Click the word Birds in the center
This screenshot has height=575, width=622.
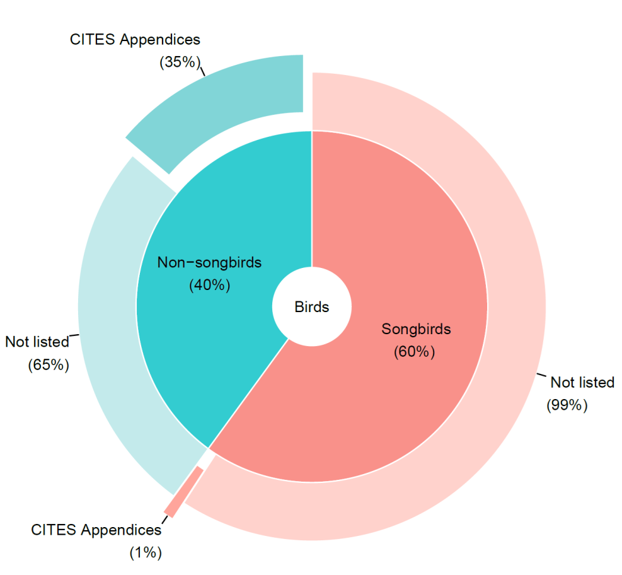click(311, 307)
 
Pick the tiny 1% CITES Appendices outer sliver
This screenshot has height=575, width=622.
click(183, 491)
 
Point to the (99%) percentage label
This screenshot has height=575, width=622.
click(567, 405)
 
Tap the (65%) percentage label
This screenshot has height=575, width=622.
click(48, 364)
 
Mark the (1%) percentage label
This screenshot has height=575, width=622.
click(146, 553)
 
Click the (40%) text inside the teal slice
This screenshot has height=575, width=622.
click(209, 285)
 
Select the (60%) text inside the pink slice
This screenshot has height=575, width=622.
click(415, 352)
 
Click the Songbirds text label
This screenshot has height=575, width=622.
click(416, 328)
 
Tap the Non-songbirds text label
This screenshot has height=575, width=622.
click(209, 262)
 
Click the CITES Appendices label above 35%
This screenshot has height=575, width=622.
click(135, 39)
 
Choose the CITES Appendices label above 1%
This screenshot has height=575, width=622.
click(96, 530)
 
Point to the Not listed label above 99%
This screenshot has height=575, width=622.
click(582, 382)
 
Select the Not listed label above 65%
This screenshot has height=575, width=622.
click(37, 342)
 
